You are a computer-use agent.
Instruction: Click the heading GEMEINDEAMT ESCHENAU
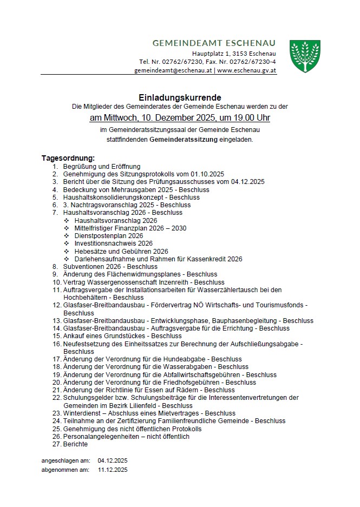click(x=214, y=43)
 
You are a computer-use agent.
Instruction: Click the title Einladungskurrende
click(x=180, y=98)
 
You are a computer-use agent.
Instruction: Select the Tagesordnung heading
click(x=68, y=158)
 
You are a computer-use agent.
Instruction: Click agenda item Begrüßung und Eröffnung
click(x=102, y=166)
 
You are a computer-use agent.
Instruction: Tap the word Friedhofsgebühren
click(x=191, y=382)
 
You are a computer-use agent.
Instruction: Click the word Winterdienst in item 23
click(x=83, y=413)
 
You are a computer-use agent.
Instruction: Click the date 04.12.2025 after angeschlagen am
click(x=113, y=460)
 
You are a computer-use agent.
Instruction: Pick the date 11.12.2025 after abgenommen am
click(x=113, y=470)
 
